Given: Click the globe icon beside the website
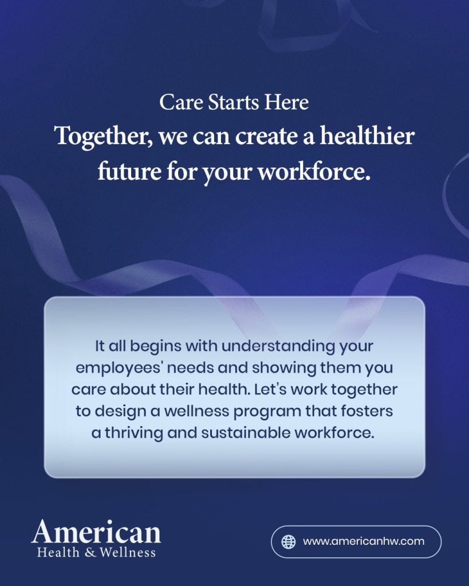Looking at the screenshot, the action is (x=289, y=541).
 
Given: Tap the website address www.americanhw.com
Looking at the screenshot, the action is (x=364, y=541).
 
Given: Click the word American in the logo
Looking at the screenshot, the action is (x=96, y=532).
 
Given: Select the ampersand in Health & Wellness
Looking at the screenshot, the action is (x=90, y=552).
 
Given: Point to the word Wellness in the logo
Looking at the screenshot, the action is (x=127, y=552).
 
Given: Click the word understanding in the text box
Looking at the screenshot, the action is (x=278, y=346).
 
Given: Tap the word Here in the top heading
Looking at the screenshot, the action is (x=286, y=102).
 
